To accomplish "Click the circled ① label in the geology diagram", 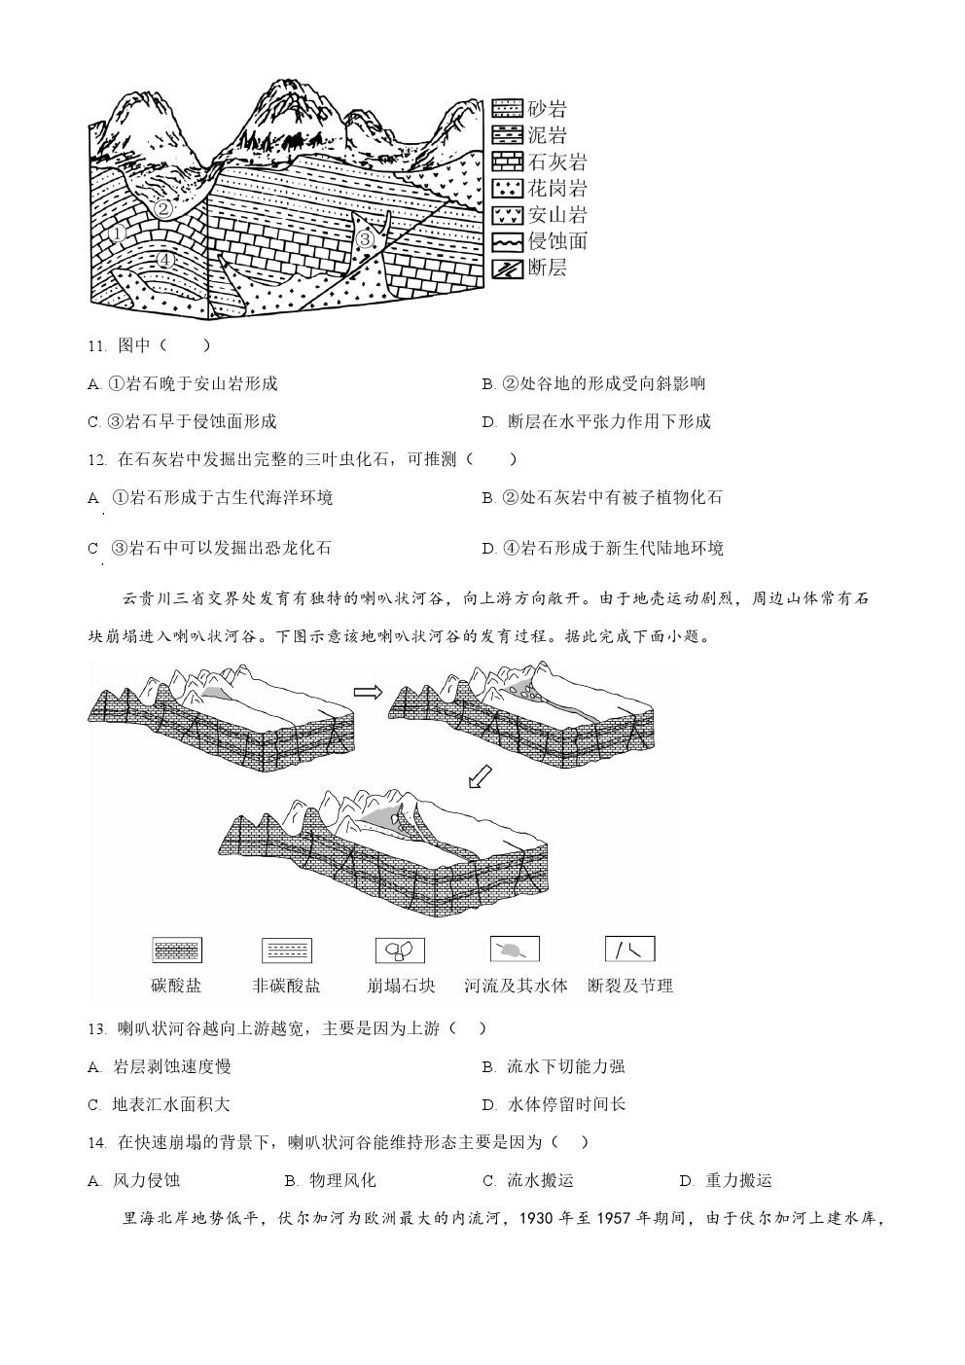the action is (118, 233).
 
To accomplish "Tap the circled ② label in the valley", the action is (163, 209).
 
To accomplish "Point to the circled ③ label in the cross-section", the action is (365, 239).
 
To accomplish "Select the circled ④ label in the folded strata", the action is (165, 260).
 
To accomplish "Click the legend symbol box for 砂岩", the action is (508, 108).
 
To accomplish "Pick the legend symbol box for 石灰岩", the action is (508, 162).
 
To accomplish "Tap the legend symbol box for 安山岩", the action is (508, 214).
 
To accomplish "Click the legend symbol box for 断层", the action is (508, 268).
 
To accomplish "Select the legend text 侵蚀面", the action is (557, 241).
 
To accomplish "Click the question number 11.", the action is (97, 346).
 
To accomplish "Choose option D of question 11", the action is (596, 421).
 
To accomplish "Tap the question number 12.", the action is (97, 460).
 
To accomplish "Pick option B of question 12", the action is (602, 498).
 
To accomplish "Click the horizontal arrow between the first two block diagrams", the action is (369, 692).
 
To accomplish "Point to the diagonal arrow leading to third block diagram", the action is (480, 775).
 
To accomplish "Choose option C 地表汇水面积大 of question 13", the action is (159, 1104).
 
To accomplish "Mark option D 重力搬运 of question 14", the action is (727, 1180).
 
